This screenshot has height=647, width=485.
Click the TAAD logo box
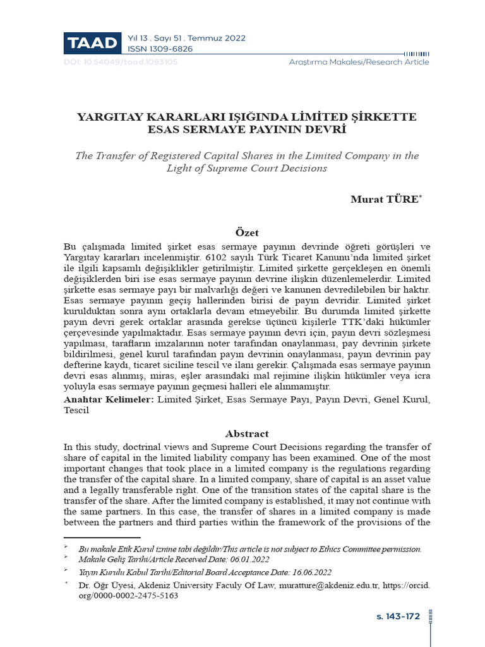click(x=92, y=43)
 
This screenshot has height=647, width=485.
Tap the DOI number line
click(x=121, y=62)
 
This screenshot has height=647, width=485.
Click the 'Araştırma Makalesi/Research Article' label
click(x=359, y=62)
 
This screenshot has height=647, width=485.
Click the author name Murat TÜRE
click(x=384, y=200)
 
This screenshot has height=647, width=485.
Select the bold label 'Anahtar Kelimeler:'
click(x=108, y=399)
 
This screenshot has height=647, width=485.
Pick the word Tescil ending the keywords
click(x=77, y=410)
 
